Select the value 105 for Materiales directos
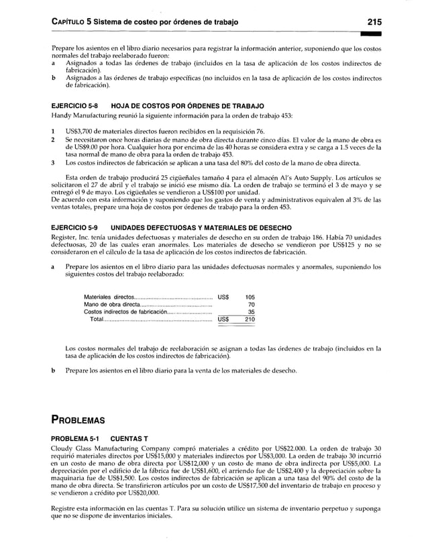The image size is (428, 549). pos(250,297)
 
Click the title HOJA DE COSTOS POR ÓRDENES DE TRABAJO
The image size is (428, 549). pos(187,106)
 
